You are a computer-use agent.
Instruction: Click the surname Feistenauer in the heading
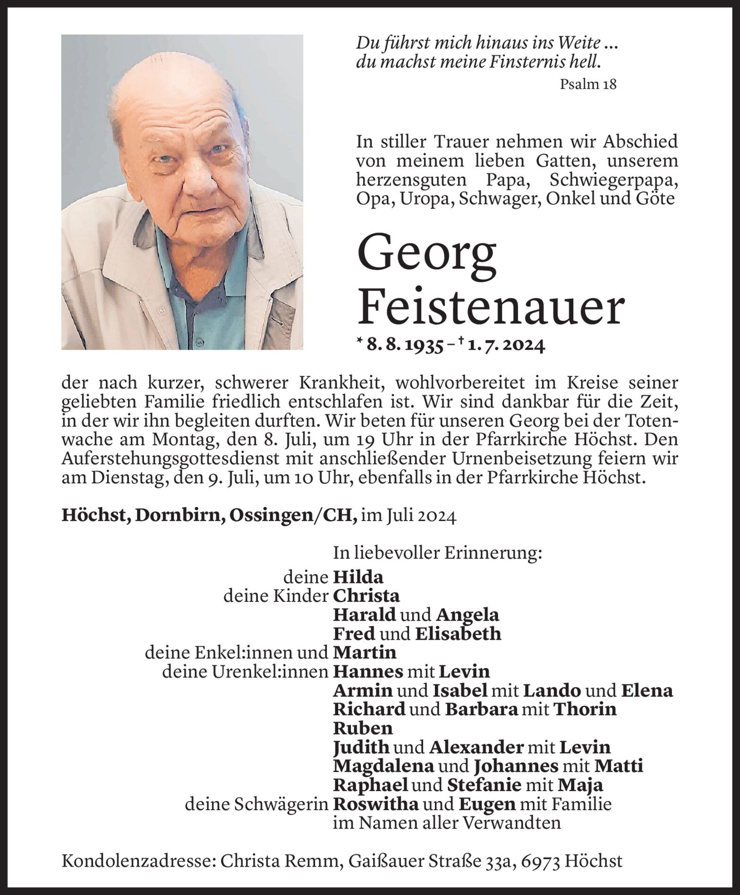[x=491, y=307]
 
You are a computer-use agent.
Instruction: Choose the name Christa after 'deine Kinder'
[x=366, y=596]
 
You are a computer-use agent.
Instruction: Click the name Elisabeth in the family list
[x=458, y=634]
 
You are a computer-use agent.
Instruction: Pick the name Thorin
[x=584, y=709]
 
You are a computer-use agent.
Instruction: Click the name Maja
[x=580, y=785]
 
